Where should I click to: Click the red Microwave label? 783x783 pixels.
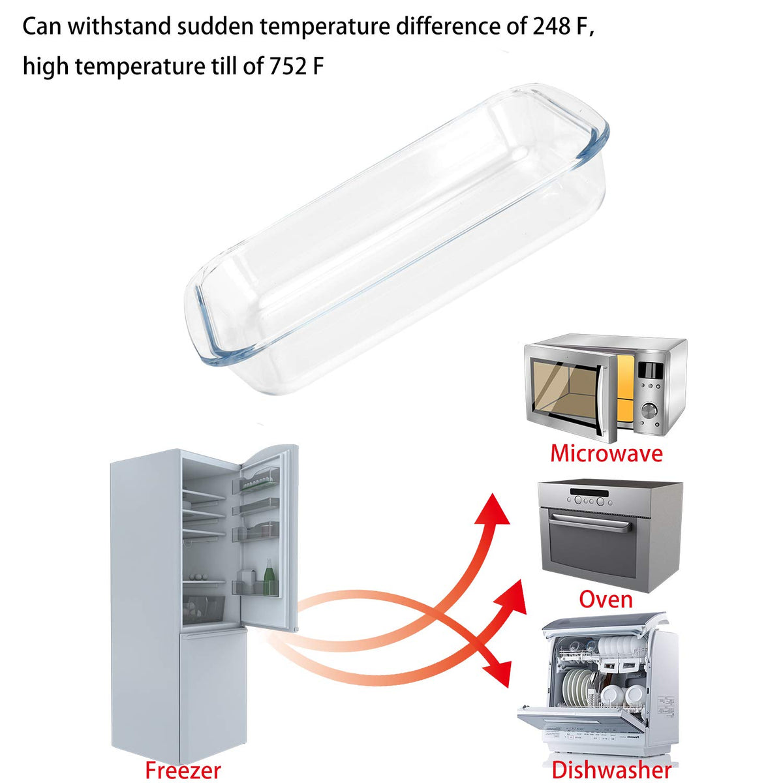(606, 453)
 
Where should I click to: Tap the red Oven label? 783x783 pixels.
(606, 599)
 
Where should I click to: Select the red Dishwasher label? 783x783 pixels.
(611, 769)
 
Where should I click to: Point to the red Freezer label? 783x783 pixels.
(183, 769)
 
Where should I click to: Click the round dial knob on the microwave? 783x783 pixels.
(649, 411)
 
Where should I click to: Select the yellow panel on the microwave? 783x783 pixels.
(625, 390)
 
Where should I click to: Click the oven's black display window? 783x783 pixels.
(590, 493)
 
